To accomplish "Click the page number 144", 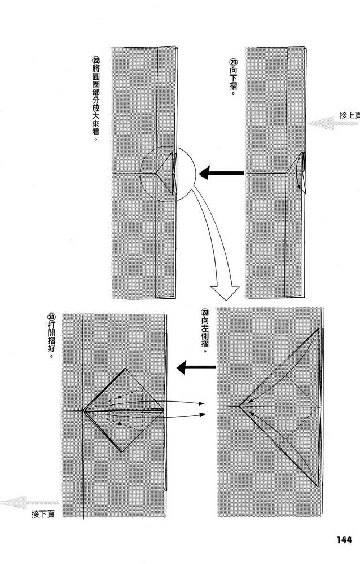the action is click(344, 540).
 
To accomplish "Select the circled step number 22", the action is click(96, 60).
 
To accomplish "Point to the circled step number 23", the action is click(205, 312).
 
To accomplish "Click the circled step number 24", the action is click(52, 317).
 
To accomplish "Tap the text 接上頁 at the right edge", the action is click(349, 116).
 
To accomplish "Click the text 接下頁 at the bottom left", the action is click(43, 514).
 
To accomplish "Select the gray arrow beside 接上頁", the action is click(333, 124).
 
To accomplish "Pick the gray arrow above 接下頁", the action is click(29, 503).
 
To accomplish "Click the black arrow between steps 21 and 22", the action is click(221, 173).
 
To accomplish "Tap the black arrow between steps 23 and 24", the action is click(196, 368).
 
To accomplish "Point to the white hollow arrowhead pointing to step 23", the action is click(225, 292).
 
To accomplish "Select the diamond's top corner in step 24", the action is click(125, 368).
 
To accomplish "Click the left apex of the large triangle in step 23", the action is click(239, 406).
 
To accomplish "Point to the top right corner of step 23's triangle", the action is click(319, 328).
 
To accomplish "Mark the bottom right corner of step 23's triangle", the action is click(318, 487).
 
